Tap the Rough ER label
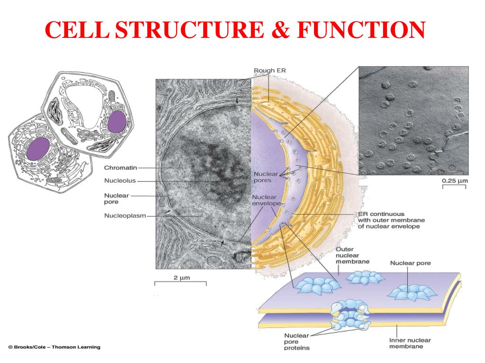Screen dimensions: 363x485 270,71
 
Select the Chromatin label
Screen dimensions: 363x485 120,168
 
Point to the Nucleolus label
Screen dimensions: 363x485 120,180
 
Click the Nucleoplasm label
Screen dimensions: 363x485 125,216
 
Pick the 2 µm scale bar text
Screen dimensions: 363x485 181,277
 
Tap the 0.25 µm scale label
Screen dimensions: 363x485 455,181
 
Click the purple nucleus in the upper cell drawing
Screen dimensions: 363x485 116,122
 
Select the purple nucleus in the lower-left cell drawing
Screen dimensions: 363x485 38,149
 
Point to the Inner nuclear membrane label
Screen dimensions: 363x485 410,343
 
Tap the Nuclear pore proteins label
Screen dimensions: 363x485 296,342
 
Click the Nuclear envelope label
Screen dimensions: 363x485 267,200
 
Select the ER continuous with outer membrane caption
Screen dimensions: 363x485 391,220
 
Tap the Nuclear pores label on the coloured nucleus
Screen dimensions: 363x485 265,177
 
